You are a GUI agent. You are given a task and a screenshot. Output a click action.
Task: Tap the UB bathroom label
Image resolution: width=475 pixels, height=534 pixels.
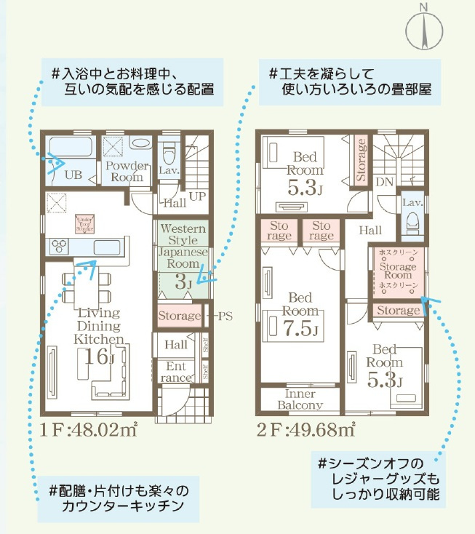[73, 175]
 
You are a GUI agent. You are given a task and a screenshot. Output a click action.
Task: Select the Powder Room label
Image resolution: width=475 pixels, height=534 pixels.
[126, 172]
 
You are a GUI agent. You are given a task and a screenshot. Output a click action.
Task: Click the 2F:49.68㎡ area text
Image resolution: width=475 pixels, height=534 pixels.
[306, 429]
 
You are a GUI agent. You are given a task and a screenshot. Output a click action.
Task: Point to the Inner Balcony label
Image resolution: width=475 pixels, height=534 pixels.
[300, 399]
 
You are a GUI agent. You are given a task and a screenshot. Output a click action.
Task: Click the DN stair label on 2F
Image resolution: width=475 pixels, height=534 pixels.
[384, 181]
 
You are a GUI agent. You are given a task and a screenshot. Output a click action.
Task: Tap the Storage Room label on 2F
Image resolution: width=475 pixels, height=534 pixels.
[398, 270]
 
